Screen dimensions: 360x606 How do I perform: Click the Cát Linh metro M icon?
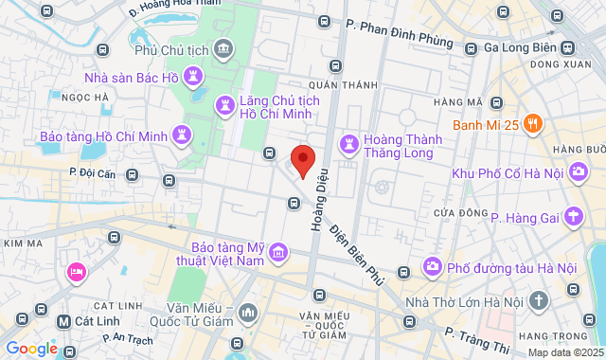pos(63,321)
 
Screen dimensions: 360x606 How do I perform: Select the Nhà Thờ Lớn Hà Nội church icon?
pos(539,301)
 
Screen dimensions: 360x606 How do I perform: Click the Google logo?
pos(31,349)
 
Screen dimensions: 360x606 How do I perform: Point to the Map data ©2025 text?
pos(564,352)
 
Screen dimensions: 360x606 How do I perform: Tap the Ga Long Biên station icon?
pos(566,48)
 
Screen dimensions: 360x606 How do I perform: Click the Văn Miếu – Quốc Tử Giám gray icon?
pos(247,311)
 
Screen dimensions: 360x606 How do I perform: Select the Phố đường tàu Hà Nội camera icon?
pos(433,267)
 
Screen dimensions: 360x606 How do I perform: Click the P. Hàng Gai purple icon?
pos(573,218)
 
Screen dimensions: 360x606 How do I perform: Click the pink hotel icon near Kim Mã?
pos(77,273)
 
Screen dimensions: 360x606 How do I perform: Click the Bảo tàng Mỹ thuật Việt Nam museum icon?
pos(278,252)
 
